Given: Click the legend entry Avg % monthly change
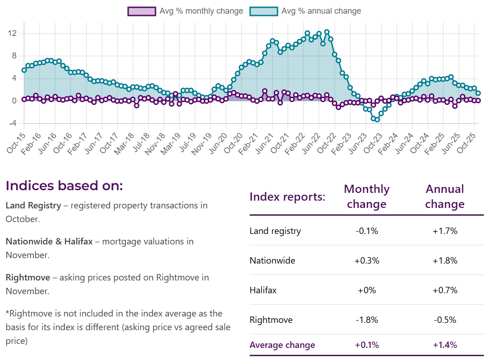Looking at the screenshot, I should pyautogui.click(x=185, y=11).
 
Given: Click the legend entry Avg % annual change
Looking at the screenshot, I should pyautogui.click(x=305, y=11).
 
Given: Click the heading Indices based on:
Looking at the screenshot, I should pyautogui.click(x=64, y=186).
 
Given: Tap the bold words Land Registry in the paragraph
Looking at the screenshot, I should pyautogui.click(x=33, y=205).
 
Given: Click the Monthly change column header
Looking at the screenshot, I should pyautogui.click(x=366, y=197).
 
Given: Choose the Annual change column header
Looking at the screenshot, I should pyautogui.click(x=444, y=197).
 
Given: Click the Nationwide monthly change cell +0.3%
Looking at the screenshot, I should pyautogui.click(x=366, y=261).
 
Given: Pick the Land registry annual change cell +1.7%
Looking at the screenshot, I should pyautogui.click(x=444, y=231).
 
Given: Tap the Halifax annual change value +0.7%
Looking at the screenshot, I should pyautogui.click(x=444, y=290).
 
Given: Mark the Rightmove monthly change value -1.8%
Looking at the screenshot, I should pyautogui.click(x=366, y=320).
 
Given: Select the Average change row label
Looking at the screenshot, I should pyautogui.click(x=282, y=345).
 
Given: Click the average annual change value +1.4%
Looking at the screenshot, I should pyautogui.click(x=444, y=345).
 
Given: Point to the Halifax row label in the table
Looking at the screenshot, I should pyautogui.click(x=263, y=290).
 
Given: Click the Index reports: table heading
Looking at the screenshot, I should pyautogui.click(x=287, y=197).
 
